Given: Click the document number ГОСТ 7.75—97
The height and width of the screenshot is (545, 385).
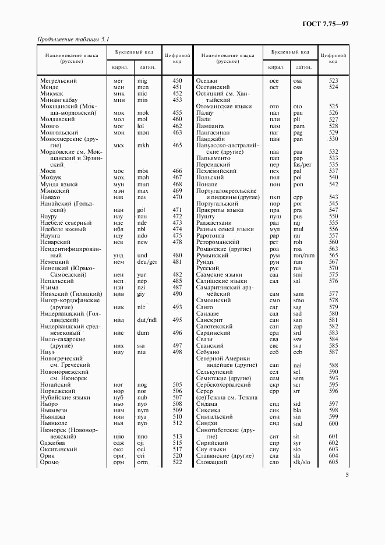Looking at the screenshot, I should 326,23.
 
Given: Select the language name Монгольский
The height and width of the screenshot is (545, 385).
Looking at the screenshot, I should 59,132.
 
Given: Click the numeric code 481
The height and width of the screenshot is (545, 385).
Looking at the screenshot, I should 178,261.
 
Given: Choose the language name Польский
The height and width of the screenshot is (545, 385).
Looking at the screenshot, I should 210,177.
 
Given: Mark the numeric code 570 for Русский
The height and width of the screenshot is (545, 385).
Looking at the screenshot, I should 333,268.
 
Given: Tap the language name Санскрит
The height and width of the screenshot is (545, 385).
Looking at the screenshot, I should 211,320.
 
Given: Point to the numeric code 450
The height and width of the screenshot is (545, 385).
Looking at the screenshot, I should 178,80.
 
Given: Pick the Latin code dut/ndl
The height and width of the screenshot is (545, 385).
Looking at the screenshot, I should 147,320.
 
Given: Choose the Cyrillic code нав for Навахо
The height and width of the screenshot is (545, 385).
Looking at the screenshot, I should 119,197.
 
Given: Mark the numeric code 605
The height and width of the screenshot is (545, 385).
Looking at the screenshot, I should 333,462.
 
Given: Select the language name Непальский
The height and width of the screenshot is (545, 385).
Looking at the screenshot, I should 57,281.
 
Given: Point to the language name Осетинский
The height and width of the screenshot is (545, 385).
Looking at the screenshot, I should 214,87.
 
